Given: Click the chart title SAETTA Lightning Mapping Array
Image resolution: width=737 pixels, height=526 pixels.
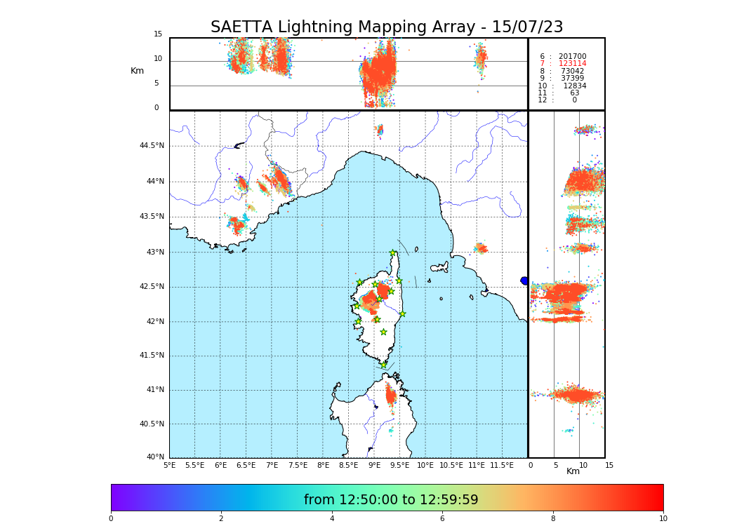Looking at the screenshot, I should [387, 27].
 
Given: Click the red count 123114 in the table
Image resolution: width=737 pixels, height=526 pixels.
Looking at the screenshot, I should [572, 64].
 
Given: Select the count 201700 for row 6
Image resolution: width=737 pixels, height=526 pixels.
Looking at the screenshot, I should [572, 57].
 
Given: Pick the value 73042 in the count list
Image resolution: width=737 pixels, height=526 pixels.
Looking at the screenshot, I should [572, 72].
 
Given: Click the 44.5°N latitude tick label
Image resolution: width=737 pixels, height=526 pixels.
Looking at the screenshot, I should [152, 146].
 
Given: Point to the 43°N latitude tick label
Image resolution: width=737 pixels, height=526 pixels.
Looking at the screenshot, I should [154, 252].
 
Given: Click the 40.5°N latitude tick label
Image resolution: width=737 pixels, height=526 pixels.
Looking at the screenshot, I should [152, 424].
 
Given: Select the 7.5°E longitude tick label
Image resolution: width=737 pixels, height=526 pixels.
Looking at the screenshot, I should [298, 465].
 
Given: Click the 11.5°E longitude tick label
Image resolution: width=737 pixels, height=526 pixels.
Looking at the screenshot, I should [503, 465].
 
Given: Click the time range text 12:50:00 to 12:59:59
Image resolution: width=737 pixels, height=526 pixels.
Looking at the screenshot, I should [391, 500].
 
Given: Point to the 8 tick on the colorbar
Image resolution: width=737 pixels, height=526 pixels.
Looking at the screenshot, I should [553, 519].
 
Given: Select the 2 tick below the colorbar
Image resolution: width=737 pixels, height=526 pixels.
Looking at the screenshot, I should [221, 519].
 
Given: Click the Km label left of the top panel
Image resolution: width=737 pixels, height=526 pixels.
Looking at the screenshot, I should [137, 71].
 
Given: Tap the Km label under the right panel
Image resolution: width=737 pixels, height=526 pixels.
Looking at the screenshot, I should [573, 471].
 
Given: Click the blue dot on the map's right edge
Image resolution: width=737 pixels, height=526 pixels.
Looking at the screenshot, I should [524, 281].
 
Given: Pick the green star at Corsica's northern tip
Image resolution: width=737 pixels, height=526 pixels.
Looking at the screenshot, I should [393, 253].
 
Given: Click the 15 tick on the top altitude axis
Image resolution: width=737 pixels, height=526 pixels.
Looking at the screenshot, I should [158, 34].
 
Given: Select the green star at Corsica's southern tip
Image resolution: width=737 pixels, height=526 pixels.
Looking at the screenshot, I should [383, 365].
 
